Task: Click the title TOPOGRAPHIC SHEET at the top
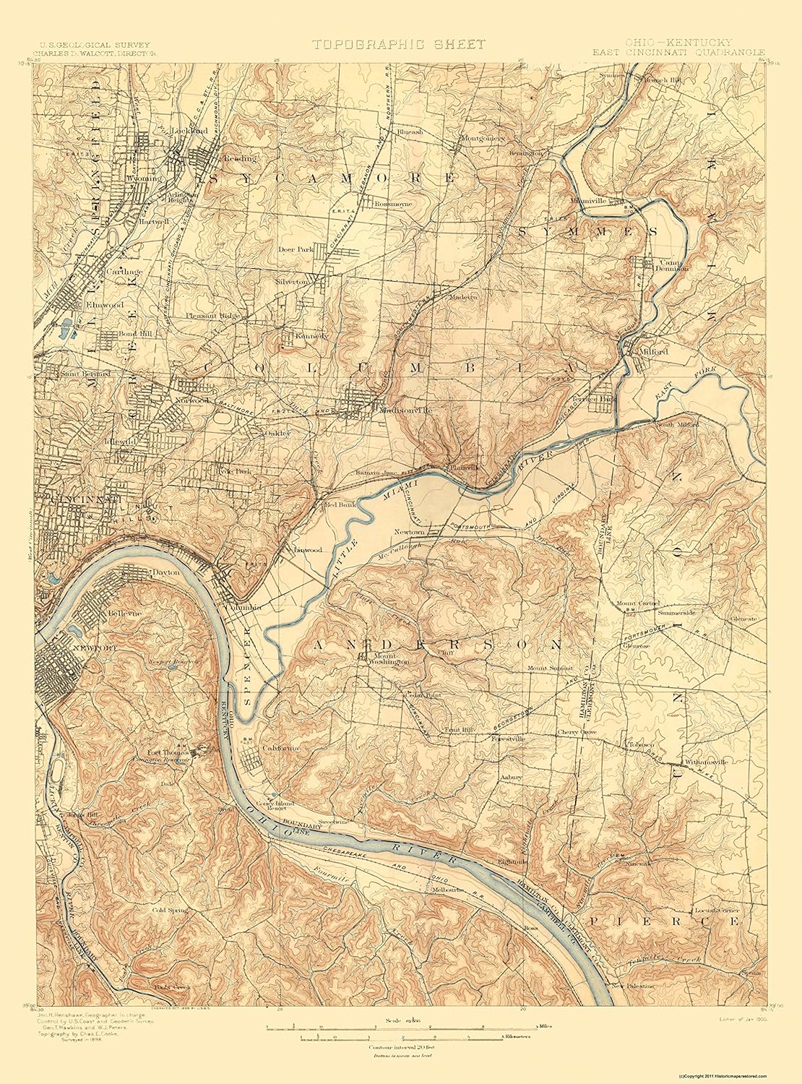[399, 45]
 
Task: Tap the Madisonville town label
[405, 410]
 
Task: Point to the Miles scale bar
[401, 1026]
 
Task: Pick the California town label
[280, 749]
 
